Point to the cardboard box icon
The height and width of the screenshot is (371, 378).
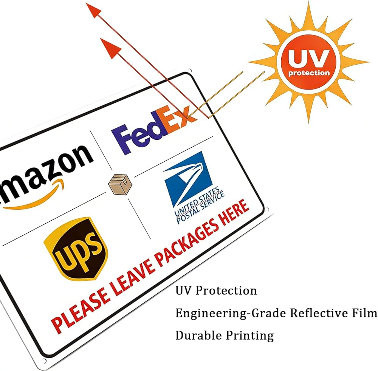[x=119, y=184]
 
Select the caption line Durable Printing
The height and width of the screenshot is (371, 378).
[x=225, y=335]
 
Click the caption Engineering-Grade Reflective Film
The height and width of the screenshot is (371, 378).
[x=276, y=313]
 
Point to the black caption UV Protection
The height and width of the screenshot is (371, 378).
[x=216, y=291]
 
